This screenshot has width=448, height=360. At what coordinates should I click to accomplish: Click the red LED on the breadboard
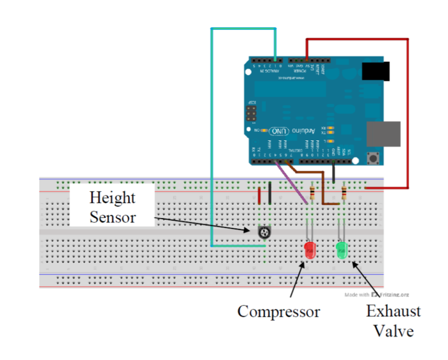pos(310,251)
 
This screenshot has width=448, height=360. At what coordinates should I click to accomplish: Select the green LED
pos(342,250)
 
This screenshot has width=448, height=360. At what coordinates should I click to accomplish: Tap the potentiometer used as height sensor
pos(264,233)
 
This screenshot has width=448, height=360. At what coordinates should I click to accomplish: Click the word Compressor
pos(278,312)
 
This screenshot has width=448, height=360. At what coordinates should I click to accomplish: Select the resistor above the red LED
pos(313,193)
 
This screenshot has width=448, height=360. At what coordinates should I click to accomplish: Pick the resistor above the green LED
pos(344,193)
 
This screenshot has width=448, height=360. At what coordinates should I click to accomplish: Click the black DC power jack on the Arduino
pos(376,71)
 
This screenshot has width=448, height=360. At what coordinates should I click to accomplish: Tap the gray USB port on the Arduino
pos(383,134)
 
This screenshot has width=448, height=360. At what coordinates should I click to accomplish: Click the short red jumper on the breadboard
pos(259,196)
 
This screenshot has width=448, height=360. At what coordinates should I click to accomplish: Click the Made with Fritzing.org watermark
pos(377,295)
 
